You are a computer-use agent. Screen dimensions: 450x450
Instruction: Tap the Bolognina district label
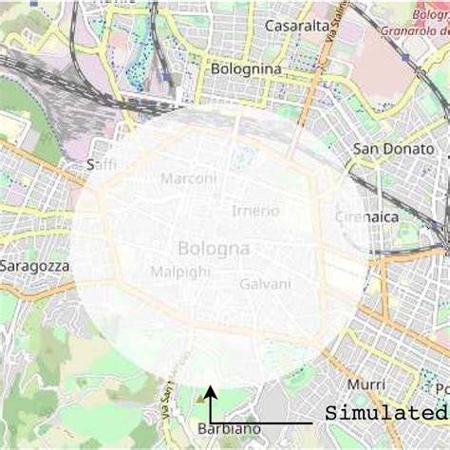(x=246, y=69)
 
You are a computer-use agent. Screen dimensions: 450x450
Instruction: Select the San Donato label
(x=393, y=149)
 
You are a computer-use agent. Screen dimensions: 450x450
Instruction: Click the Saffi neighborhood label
(x=102, y=165)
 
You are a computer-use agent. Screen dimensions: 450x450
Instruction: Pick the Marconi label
(x=188, y=178)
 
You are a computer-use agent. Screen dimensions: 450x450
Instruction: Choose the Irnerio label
(x=255, y=211)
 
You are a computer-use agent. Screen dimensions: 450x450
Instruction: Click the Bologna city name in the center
(x=214, y=249)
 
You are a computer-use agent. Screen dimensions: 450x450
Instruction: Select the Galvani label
(x=265, y=284)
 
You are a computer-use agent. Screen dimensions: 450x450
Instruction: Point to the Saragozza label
(x=35, y=267)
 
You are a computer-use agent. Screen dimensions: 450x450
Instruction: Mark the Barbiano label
(x=229, y=429)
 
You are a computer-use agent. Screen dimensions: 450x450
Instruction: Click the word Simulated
(x=385, y=414)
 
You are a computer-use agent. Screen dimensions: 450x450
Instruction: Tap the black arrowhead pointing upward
(x=211, y=390)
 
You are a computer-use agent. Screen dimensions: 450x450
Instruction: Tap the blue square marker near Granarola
(x=405, y=58)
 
